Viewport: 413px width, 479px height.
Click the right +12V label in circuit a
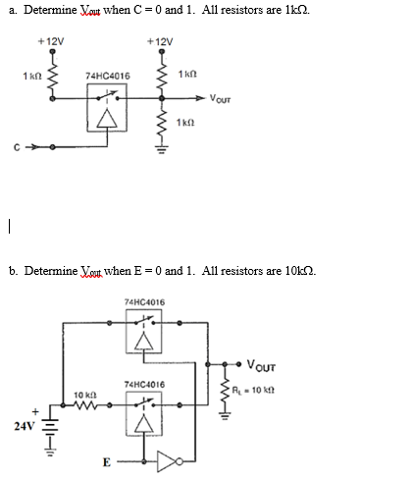pyautogui.click(x=159, y=41)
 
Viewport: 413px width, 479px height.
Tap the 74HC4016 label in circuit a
pyautogui.click(x=108, y=75)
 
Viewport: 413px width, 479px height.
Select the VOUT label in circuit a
pyautogui.click(x=223, y=98)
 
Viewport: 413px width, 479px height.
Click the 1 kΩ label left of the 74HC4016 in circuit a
pyautogui.click(x=31, y=76)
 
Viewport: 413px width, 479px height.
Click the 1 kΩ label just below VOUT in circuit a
pyautogui.click(x=189, y=122)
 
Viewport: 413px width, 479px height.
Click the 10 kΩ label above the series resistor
pyautogui.click(x=84, y=395)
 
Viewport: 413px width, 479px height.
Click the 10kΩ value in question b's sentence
pyautogui.click(x=296, y=270)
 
